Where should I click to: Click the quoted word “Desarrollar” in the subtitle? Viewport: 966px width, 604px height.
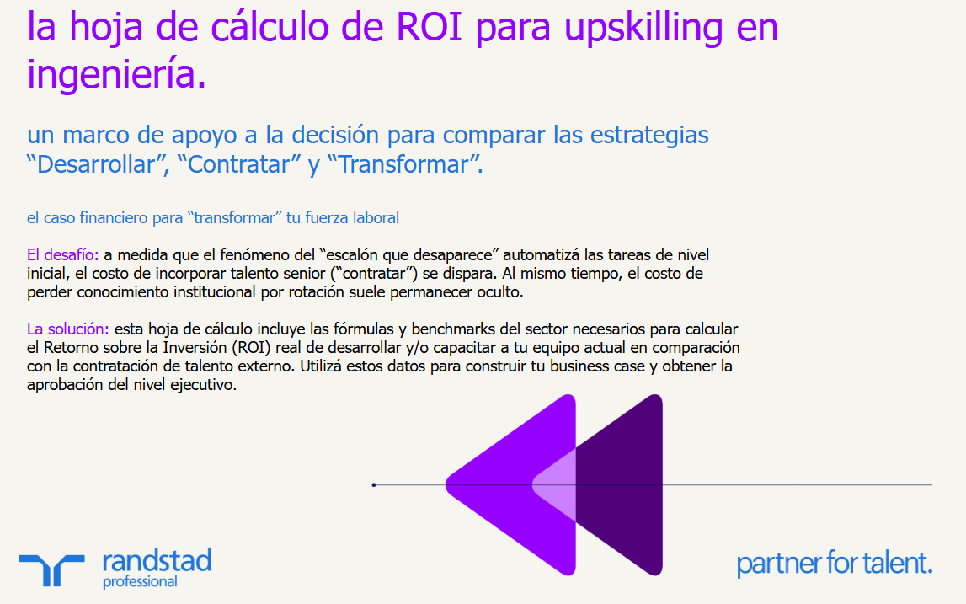click(x=96, y=164)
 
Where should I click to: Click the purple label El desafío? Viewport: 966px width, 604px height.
click(x=63, y=254)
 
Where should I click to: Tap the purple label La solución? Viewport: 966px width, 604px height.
click(x=68, y=329)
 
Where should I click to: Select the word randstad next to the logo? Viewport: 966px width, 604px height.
click(x=156, y=560)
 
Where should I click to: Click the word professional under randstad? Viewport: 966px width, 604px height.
click(x=140, y=581)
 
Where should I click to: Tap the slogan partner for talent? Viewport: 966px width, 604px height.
click(x=834, y=563)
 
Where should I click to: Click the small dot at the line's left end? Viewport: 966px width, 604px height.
click(x=373, y=484)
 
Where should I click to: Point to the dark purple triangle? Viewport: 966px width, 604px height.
click(x=623, y=484)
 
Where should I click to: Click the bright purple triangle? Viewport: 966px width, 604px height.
click(x=505, y=484)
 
